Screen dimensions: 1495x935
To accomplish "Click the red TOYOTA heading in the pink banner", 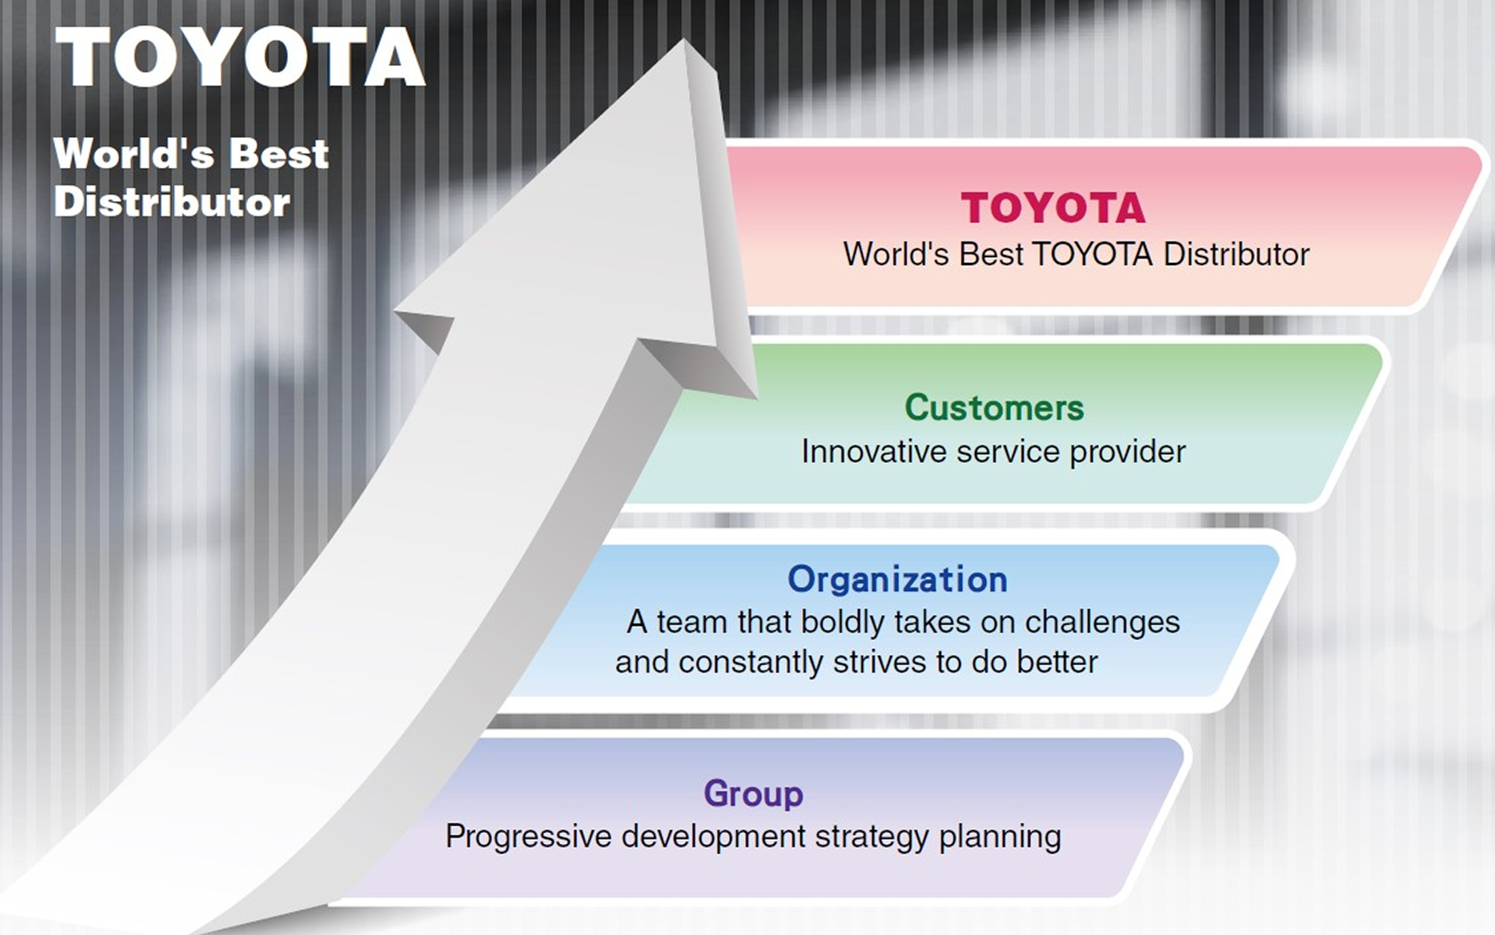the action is click(x=1053, y=208).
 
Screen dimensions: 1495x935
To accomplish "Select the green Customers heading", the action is click(x=994, y=408).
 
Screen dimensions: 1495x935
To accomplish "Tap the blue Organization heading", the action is click(x=897, y=580).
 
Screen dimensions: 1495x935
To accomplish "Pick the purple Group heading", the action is click(x=754, y=794).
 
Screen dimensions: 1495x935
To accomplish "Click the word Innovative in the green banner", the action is click(x=874, y=451).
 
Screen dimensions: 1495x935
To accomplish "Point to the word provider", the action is click(x=1128, y=453).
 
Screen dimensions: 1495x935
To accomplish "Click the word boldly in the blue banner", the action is click(x=843, y=622).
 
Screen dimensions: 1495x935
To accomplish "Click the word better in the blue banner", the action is click(x=1057, y=663).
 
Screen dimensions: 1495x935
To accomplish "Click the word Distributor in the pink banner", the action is click(x=1236, y=255).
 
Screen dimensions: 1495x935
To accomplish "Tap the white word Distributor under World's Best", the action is click(x=172, y=202).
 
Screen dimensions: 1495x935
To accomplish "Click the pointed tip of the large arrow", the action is click(x=684, y=39).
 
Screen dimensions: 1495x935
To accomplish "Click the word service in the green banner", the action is click(x=1008, y=452).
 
